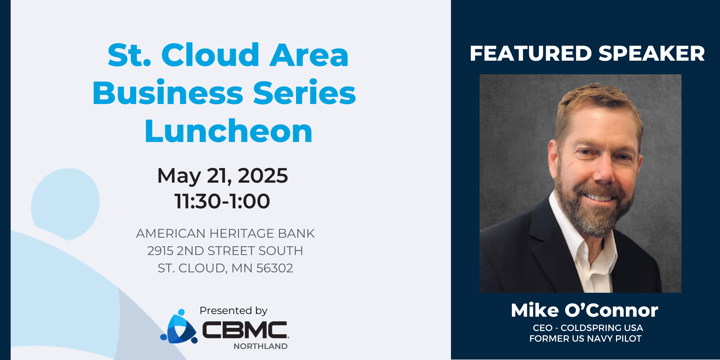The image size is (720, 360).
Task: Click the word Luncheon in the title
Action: pyautogui.click(x=229, y=131)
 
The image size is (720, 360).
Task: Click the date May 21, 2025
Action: pyautogui.click(x=222, y=176)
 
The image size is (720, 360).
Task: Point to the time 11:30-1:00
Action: pyautogui.click(x=222, y=201)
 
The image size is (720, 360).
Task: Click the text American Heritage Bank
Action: pyautogui.click(x=225, y=233)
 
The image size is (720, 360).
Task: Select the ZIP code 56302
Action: pyautogui.click(x=275, y=268)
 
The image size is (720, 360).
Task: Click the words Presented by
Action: pyautogui.click(x=233, y=311)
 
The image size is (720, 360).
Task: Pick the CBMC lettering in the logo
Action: pyautogui.click(x=245, y=330)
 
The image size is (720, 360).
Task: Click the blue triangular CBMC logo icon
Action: pyautogui.click(x=179, y=327)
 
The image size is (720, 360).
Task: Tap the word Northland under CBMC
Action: pyautogui.click(x=261, y=346)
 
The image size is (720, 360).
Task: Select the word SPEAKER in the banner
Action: pyautogui.click(x=652, y=53)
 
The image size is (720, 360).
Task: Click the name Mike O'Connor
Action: pyautogui.click(x=585, y=310)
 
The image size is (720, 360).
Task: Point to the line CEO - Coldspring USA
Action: pyautogui.click(x=588, y=328)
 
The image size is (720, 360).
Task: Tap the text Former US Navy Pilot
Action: pyautogui.click(x=585, y=339)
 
